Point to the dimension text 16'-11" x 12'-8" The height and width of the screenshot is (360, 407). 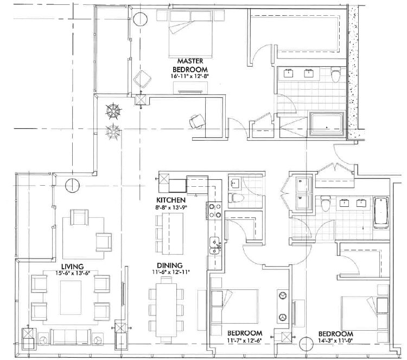tap(190, 77)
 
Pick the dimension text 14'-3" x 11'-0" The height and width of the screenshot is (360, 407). tap(336, 342)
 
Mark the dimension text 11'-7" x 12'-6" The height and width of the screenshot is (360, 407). tap(245, 340)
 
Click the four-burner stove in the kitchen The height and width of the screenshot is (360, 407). tap(212, 209)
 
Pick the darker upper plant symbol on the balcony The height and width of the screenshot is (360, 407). tap(113, 111)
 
